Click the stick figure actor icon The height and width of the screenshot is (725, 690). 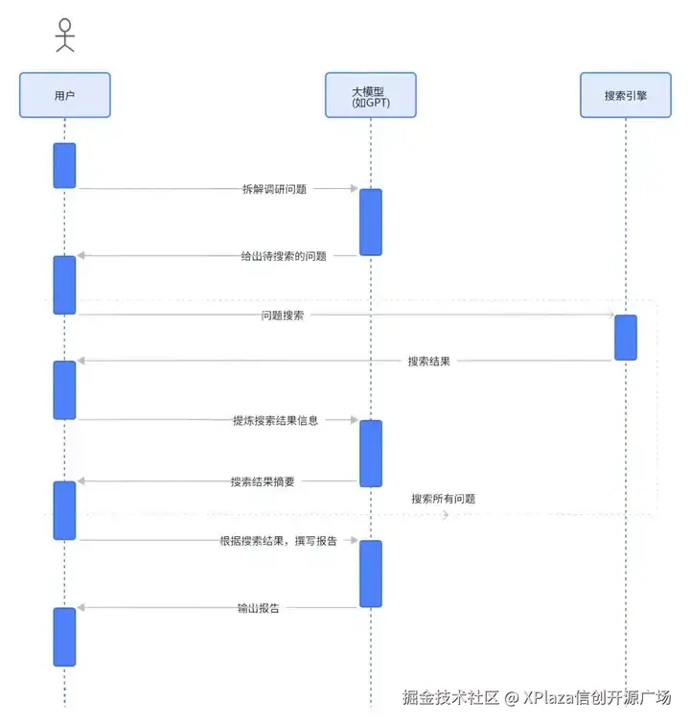pos(64,35)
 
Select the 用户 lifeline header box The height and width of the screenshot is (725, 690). pos(64,96)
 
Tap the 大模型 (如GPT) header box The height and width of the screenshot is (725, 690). pos(370,96)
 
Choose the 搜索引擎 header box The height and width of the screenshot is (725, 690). pos(625,96)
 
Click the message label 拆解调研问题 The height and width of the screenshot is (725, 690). pos(275,189)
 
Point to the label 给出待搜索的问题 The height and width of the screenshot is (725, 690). pos(284,256)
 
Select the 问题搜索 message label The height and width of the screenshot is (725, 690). pos(283,315)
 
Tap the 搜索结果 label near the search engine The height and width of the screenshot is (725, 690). pos(428,361)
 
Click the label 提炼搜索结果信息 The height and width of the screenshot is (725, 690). pos(275,420)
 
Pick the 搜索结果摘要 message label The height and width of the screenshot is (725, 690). pos(263,481)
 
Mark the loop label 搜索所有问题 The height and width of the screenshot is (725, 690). pos(443,499)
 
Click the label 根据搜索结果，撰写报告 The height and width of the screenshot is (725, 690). pos(278,541)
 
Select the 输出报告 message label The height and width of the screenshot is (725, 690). pos(259,607)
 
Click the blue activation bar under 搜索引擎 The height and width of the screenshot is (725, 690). pos(625,338)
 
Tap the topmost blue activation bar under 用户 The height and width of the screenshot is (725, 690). pos(64,165)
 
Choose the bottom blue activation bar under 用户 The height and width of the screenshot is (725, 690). pos(64,636)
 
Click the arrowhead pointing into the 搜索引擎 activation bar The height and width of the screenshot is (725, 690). pos(609,315)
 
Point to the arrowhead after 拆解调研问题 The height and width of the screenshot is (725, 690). pos(353,189)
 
